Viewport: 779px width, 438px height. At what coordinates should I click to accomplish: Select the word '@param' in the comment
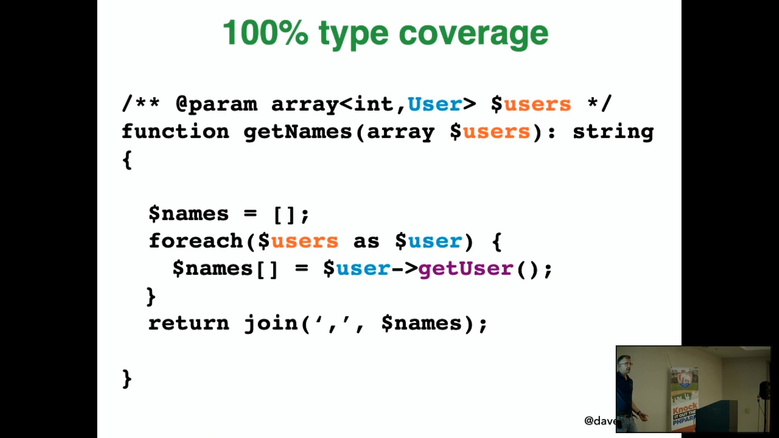click(217, 104)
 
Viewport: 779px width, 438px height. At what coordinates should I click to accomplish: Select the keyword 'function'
click(175, 131)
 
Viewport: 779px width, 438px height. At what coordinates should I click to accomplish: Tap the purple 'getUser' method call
click(466, 268)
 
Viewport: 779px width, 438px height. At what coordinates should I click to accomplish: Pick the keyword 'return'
click(189, 323)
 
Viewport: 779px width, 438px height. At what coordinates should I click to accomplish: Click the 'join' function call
click(271, 324)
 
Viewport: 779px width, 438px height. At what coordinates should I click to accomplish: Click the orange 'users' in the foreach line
click(304, 242)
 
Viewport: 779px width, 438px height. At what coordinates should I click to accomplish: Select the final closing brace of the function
click(127, 379)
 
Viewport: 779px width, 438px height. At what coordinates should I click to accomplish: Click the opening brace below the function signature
click(127, 160)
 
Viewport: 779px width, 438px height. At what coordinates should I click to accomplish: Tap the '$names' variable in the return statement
click(422, 324)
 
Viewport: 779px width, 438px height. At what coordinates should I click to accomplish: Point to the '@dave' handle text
click(600, 421)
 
